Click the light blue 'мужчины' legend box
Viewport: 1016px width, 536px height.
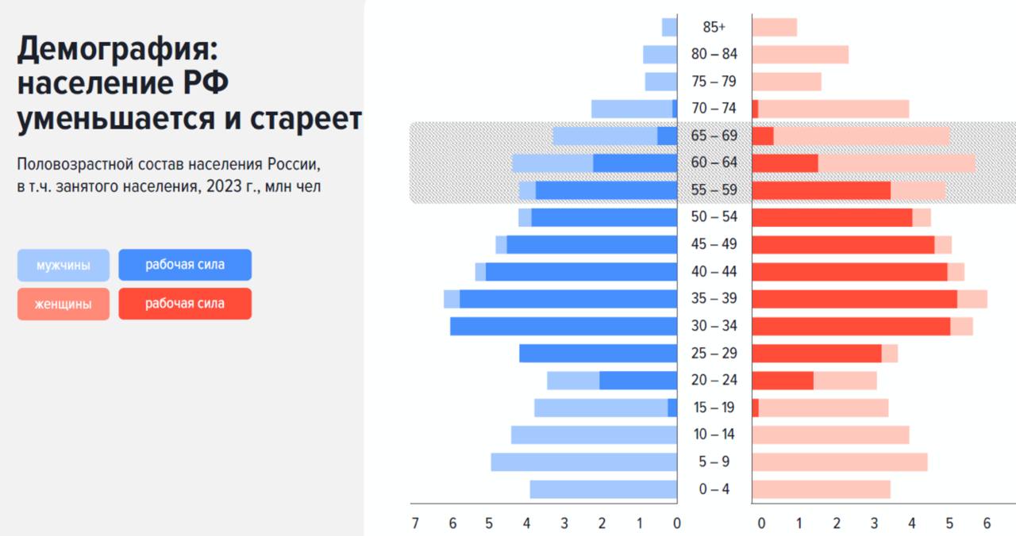click(x=63, y=266)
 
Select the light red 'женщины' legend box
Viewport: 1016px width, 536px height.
click(x=63, y=304)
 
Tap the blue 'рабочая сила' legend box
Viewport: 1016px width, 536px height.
click(x=185, y=265)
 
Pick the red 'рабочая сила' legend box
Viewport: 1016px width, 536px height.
click(x=185, y=304)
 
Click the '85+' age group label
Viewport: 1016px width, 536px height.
click(x=714, y=27)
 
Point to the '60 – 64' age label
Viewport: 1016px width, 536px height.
click(x=714, y=163)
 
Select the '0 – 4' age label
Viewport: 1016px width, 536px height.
click(x=714, y=489)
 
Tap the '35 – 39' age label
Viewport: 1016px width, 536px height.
click(x=714, y=299)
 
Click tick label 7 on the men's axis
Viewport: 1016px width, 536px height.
click(x=415, y=523)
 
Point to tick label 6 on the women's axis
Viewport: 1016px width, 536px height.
click(x=987, y=523)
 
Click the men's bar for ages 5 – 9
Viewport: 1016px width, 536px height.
click(x=583, y=462)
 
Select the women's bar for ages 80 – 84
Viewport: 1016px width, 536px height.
click(x=800, y=55)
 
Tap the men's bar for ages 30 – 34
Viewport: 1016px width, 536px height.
click(x=564, y=326)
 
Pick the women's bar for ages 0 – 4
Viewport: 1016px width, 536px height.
click(x=821, y=489)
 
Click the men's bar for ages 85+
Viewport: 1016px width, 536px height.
click(x=669, y=27)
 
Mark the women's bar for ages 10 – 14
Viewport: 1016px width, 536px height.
click(x=830, y=435)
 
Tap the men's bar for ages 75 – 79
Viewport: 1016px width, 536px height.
click(x=660, y=82)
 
